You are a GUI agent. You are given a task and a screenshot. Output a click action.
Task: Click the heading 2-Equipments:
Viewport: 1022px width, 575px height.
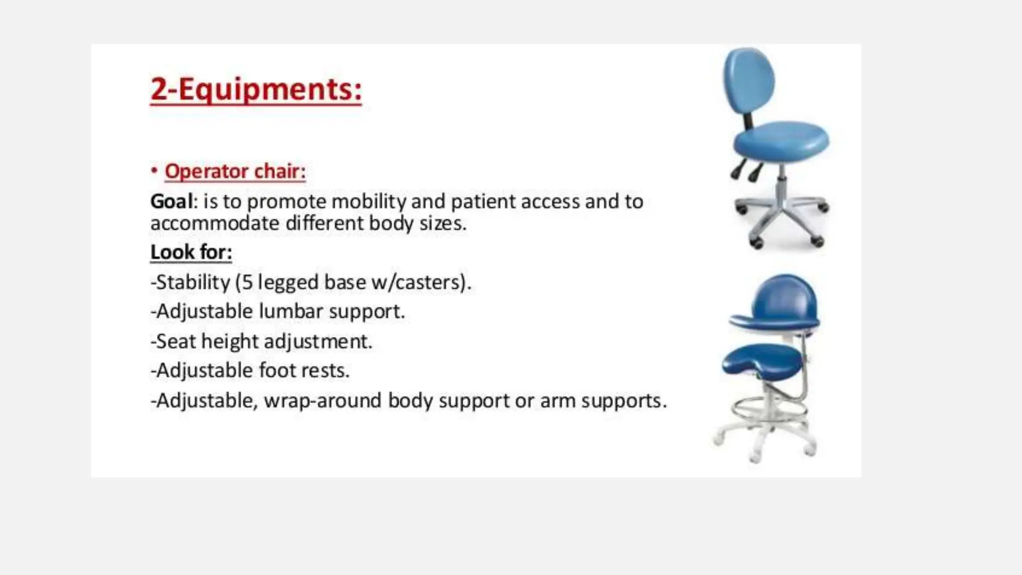click(x=255, y=90)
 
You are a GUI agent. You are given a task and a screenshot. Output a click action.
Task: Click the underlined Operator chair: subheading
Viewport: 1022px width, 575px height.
click(x=235, y=171)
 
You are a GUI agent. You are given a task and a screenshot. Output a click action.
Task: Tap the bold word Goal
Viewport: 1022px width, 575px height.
click(x=171, y=202)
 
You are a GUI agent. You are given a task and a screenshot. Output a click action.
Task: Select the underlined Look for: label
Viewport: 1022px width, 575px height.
click(x=191, y=253)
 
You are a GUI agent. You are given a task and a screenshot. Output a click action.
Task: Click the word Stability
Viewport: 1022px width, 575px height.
click(x=193, y=283)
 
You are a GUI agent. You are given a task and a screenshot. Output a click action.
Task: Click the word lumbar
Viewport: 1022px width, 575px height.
click(x=290, y=311)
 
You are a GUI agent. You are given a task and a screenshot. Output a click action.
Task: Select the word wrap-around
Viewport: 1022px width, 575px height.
click(x=322, y=401)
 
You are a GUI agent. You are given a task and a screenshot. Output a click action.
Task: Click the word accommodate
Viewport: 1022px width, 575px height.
click(x=215, y=223)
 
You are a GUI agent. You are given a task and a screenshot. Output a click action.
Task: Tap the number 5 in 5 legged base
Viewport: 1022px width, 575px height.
click(x=247, y=283)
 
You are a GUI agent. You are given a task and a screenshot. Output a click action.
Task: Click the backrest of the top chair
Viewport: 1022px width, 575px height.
click(x=749, y=80)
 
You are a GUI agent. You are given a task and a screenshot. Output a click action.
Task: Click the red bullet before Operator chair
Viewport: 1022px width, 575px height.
click(x=154, y=171)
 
